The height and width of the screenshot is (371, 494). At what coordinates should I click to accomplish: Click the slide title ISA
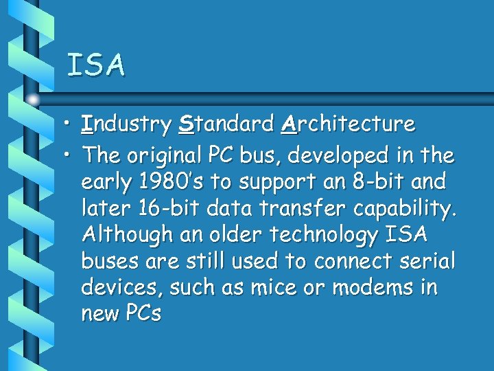click(96, 65)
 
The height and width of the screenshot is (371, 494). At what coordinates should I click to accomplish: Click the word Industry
click(126, 124)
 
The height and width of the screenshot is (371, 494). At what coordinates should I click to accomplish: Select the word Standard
click(226, 124)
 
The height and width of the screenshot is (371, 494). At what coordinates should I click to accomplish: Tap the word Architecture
click(348, 124)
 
